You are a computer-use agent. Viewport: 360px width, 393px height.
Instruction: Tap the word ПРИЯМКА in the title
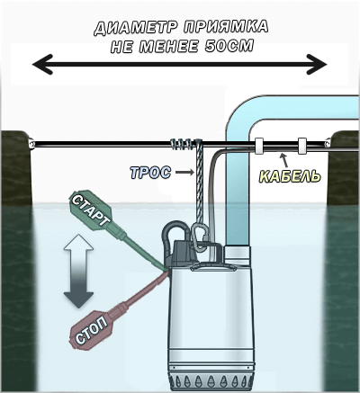pos(226,27)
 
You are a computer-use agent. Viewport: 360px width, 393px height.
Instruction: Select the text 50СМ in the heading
pos(229,46)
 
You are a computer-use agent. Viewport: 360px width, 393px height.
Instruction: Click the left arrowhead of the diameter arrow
pos(43,64)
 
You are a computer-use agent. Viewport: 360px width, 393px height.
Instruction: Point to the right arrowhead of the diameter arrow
pos(317,64)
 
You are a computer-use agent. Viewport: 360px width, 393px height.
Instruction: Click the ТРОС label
pos(150,173)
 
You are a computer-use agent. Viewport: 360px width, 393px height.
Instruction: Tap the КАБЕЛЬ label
pos(290,176)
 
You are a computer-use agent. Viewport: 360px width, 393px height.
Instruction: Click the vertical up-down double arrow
pos(79,271)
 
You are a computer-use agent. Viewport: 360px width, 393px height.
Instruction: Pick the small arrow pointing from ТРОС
pos(184,172)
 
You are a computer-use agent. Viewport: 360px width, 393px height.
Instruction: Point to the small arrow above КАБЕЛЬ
pos(284,159)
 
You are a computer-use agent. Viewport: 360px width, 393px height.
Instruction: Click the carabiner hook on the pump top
pos(199,237)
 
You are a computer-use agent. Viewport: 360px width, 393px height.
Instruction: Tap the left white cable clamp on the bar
pos(259,146)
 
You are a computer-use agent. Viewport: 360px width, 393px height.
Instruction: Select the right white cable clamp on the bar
pos(302,146)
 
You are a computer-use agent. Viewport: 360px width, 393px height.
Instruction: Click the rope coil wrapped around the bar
pos(185,144)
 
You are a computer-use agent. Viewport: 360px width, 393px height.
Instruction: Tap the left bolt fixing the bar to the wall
pos(31,143)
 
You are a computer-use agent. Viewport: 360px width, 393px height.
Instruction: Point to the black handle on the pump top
pos(175,229)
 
